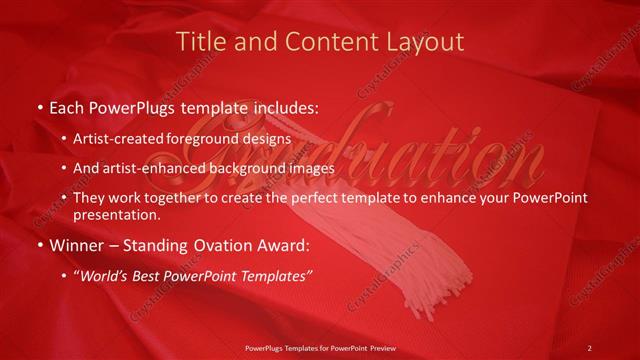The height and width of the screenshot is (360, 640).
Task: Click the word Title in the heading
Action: (200, 42)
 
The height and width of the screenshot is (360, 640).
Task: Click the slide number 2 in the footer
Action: (589, 347)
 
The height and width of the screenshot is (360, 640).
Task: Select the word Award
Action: (282, 244)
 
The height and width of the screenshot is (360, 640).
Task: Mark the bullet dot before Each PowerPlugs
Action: (39, 106)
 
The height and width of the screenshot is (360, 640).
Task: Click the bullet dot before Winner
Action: (39, 245)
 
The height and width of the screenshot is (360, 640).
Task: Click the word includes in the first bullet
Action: (283, 106)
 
